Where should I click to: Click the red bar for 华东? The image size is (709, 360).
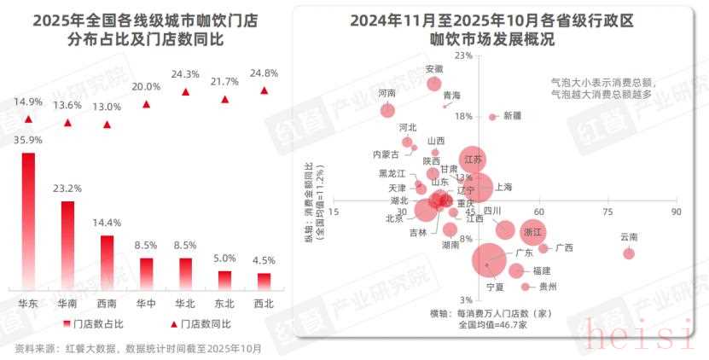[x=28, y=221]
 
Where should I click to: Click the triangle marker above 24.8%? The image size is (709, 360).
[x=264, y=90]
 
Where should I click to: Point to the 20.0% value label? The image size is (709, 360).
[x=146, y=87]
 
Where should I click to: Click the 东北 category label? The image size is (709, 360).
[x=224, y=304]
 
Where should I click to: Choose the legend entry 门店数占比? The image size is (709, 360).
[x=96, y=324]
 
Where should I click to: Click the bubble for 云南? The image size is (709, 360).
[x=629, y=253]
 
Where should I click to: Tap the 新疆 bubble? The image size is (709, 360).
[x=493, y=117]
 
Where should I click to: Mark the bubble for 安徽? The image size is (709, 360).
[x=433, y=84]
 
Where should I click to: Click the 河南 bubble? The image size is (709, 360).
[x=388, y=110]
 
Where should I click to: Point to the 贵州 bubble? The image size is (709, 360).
[x=526, y=287]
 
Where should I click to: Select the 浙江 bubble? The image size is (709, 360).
[x=532, y=231]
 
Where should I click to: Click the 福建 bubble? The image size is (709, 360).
[x=516, y=270]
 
